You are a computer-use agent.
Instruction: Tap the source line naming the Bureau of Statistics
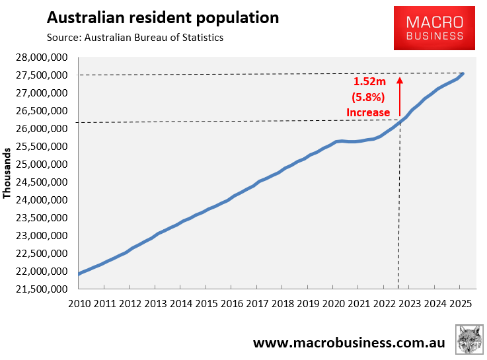coord(135,38)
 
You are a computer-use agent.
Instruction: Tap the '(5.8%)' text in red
coord(368,98)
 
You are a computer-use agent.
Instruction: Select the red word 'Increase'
coord(368,112)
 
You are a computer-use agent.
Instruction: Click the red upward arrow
coord(399,99)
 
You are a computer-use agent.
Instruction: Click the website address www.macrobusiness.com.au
coord(349,343)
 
